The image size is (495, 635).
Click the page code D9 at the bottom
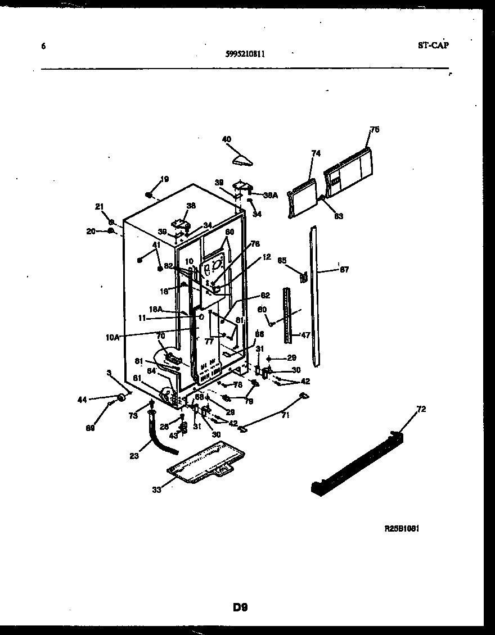[x=240, y=607]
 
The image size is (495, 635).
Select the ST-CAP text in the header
[x=433, y=46]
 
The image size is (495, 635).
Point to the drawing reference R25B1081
[x=402, y=529]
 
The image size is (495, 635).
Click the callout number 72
[x=421, y=409]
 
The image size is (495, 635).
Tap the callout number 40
[x=227, y=139]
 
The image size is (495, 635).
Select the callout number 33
[x=156, y=489]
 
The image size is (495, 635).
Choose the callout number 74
[x=316, y=153]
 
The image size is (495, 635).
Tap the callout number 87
[x=344, y=270]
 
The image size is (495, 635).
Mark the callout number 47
[x=305, y=335]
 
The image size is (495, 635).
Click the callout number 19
[x=164, y=180]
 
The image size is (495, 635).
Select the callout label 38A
[x=270, y=195]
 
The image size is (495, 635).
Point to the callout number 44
[x=82, y=400]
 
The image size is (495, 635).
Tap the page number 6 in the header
[x=43, y=46]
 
